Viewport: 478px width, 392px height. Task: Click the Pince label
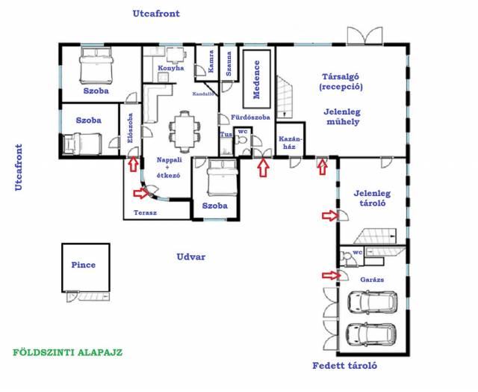tap(83, 265)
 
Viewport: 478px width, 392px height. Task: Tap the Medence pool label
tap(257, 80)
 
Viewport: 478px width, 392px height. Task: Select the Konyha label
tap(171, 68)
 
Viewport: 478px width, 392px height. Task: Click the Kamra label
tap(211, 61)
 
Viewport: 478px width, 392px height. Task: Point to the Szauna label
tap(229, 64)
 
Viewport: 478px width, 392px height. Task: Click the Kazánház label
tap(291, 143)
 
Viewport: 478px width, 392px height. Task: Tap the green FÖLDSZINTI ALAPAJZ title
tap(68, 352)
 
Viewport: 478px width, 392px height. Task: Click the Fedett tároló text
tap(345, 365)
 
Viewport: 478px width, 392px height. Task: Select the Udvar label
tap(191, 257)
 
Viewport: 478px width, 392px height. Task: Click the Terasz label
tap(145, 212)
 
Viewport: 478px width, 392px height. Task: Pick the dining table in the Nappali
tap(185, 132)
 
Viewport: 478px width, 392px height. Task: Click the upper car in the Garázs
tap(372, 302)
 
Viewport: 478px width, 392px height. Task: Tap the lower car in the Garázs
tap(372, 335)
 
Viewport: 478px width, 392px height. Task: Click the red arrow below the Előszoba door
tap(133, 164)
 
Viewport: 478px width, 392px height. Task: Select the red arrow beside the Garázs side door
tap(331, 275)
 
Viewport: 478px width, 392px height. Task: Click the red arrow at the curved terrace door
tap(141, 193)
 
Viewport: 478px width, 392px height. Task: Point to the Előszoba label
tap(130, 128)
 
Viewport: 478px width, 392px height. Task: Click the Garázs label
tap(372, 279)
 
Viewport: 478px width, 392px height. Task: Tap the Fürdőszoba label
tap(250, 117)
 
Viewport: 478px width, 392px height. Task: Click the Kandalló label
tap(204, 94)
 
